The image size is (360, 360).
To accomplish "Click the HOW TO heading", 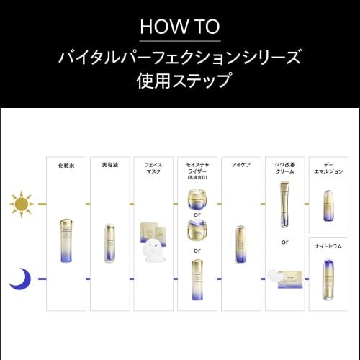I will click(x=180, y=27).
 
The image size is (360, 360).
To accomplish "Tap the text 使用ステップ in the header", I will click(x=180, y=80).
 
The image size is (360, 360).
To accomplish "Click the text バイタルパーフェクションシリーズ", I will click(x=180, y=55).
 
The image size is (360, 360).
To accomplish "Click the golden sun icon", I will click(x=22, y=204).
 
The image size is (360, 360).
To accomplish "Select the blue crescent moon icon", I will click(x=20, y=277).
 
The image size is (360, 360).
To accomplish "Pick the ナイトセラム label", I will click(x=328, y=245).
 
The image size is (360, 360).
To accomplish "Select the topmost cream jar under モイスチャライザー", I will click(x=197, y=198).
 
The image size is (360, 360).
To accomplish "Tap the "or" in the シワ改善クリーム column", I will click(x=284, y=242).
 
